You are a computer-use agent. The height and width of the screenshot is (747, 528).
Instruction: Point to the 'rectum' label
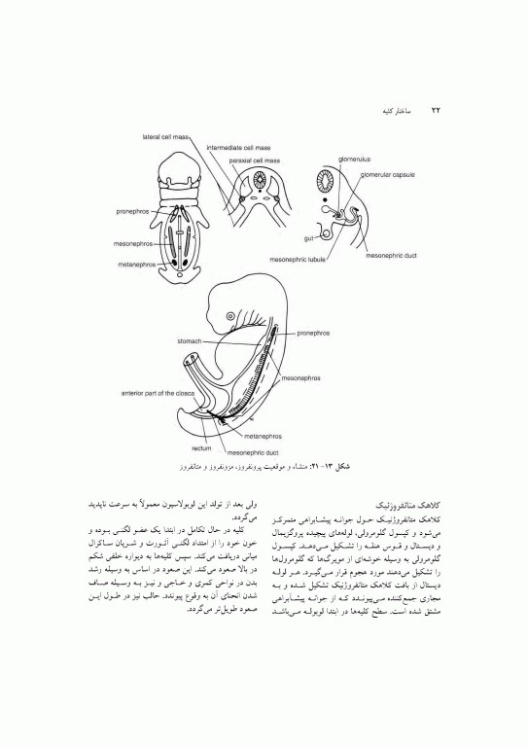(201, 448)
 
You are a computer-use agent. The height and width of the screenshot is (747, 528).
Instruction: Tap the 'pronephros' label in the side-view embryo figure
(310, 333)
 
